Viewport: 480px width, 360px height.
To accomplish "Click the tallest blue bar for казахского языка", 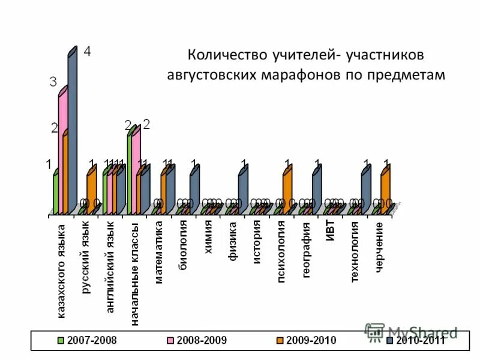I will (x=73, y=132).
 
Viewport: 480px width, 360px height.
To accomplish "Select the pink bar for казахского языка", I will (x=62, y=153).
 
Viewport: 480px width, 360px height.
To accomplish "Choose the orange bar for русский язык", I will (x=91, y=191).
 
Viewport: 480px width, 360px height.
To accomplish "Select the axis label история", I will (x=256, y=239).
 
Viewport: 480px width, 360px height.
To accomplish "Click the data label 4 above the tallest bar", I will (x=87, y=52).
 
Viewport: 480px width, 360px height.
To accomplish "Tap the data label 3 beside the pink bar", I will (x=53, y=82).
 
